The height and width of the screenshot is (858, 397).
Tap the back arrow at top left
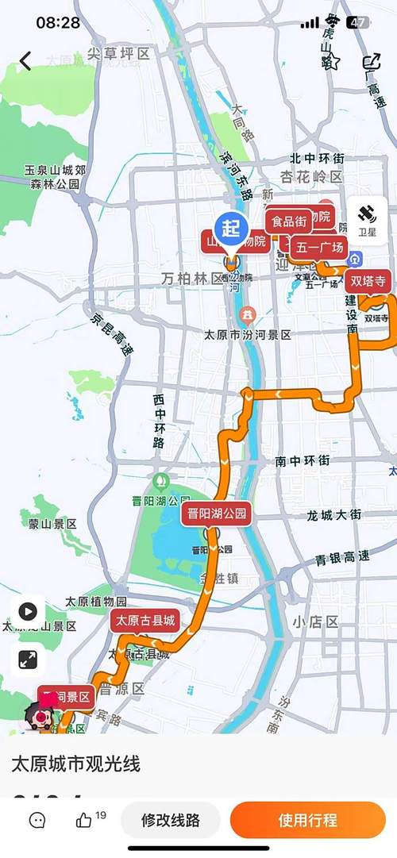(25, 61)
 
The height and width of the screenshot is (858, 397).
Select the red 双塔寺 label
(368, 280)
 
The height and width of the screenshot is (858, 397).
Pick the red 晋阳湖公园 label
(217, 514)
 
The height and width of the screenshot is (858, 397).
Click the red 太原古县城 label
(145, 621)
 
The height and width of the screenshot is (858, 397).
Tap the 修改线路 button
(170, 820)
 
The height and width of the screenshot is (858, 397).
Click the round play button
(28, 611)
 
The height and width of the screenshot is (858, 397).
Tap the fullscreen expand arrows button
(28, 659)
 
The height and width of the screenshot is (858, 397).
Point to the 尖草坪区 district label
(118, 54)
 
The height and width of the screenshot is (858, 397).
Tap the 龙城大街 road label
(334, 515)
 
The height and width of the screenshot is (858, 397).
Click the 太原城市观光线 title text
(75, 765)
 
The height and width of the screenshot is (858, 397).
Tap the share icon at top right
(371, 61)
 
